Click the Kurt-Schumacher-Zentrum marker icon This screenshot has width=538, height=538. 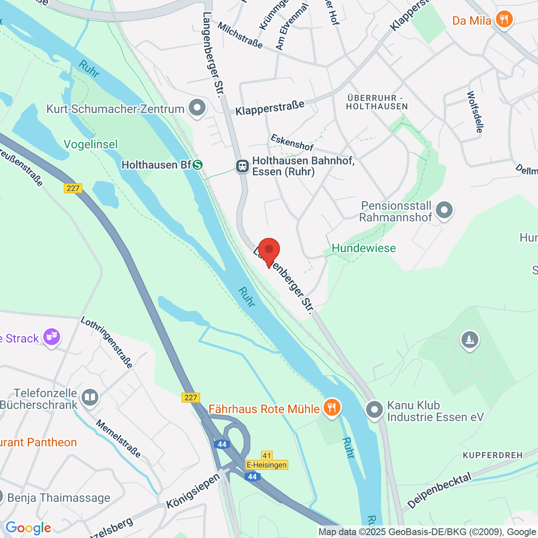197,108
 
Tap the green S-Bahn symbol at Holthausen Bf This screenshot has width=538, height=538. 197,165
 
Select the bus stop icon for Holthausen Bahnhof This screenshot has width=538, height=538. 242,166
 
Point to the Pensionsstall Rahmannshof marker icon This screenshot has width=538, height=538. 444,210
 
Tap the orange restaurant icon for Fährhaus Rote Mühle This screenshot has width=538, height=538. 332,408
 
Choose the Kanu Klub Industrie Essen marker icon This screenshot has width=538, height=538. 374,410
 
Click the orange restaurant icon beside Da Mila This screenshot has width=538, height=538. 504,20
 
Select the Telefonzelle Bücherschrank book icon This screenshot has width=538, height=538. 90,398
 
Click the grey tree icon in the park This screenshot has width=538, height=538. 470,340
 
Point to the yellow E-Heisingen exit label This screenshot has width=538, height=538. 266,465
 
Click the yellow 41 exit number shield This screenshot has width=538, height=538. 267,456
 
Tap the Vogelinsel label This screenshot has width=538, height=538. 91,144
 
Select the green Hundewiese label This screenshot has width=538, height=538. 364,248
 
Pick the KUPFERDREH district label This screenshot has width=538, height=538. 493,455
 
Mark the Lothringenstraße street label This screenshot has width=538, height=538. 107,343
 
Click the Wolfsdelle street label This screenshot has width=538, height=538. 475,112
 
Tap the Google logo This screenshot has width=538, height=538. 28,528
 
